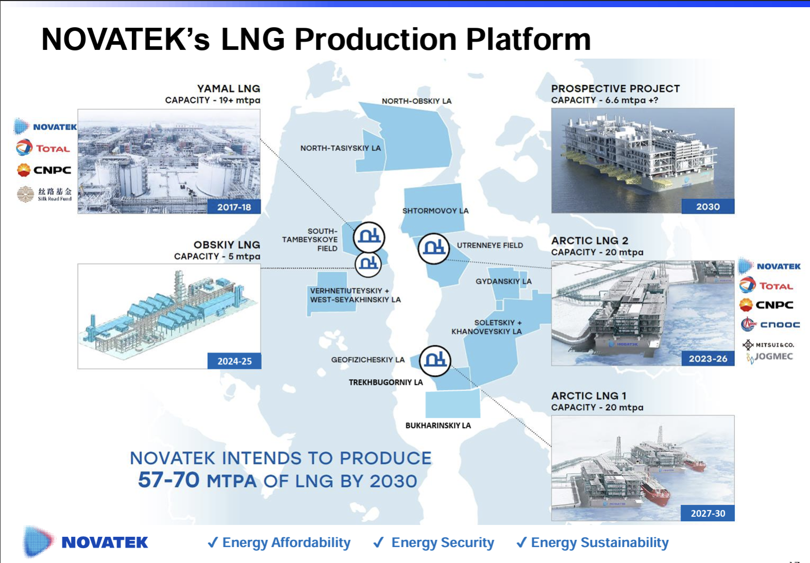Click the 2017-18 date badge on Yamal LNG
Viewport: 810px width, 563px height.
pyautogui.click(x=234, y=207)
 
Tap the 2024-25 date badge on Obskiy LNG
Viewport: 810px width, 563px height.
pyautogui.click(x=234, y=361)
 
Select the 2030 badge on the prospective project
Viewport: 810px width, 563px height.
pyautogui.click(x=707, y=206)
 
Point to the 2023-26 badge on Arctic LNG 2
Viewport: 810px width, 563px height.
pyautogui.click(x=707, y=359)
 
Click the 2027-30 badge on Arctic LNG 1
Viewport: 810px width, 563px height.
pyautogui.click(x=707, y=513)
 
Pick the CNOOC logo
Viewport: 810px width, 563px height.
pyautogui.click(x=770, y=325)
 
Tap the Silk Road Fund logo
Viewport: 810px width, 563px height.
pyautogui.click(x=44, y=194)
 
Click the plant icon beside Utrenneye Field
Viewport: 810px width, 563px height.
pyautogui.click(x=433, y=249)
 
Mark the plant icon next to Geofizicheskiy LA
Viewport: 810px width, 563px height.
pyautogui.click(x=435, y=360)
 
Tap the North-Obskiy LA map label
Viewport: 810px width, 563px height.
pyautogui.click(x=416, y=101)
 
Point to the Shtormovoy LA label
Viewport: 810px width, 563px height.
pyautogui.click(x=435, y=210)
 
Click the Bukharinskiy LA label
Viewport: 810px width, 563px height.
pyautogui.click(x=438, y=426)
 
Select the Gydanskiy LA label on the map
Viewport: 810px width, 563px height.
pyautogui.click(x=503, y=281)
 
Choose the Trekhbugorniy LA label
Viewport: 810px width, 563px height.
pyautogui.click(x=385, y=382)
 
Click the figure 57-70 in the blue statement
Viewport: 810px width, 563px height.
pyautogui.click(x=168, y=480)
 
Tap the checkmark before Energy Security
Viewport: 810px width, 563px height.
pyautogui.click(x=379, y=542)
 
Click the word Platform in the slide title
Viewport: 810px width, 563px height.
pyautogui.click(x=528, y=39)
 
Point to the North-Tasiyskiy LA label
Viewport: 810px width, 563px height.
pyautogui.click(x=341, y=148)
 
